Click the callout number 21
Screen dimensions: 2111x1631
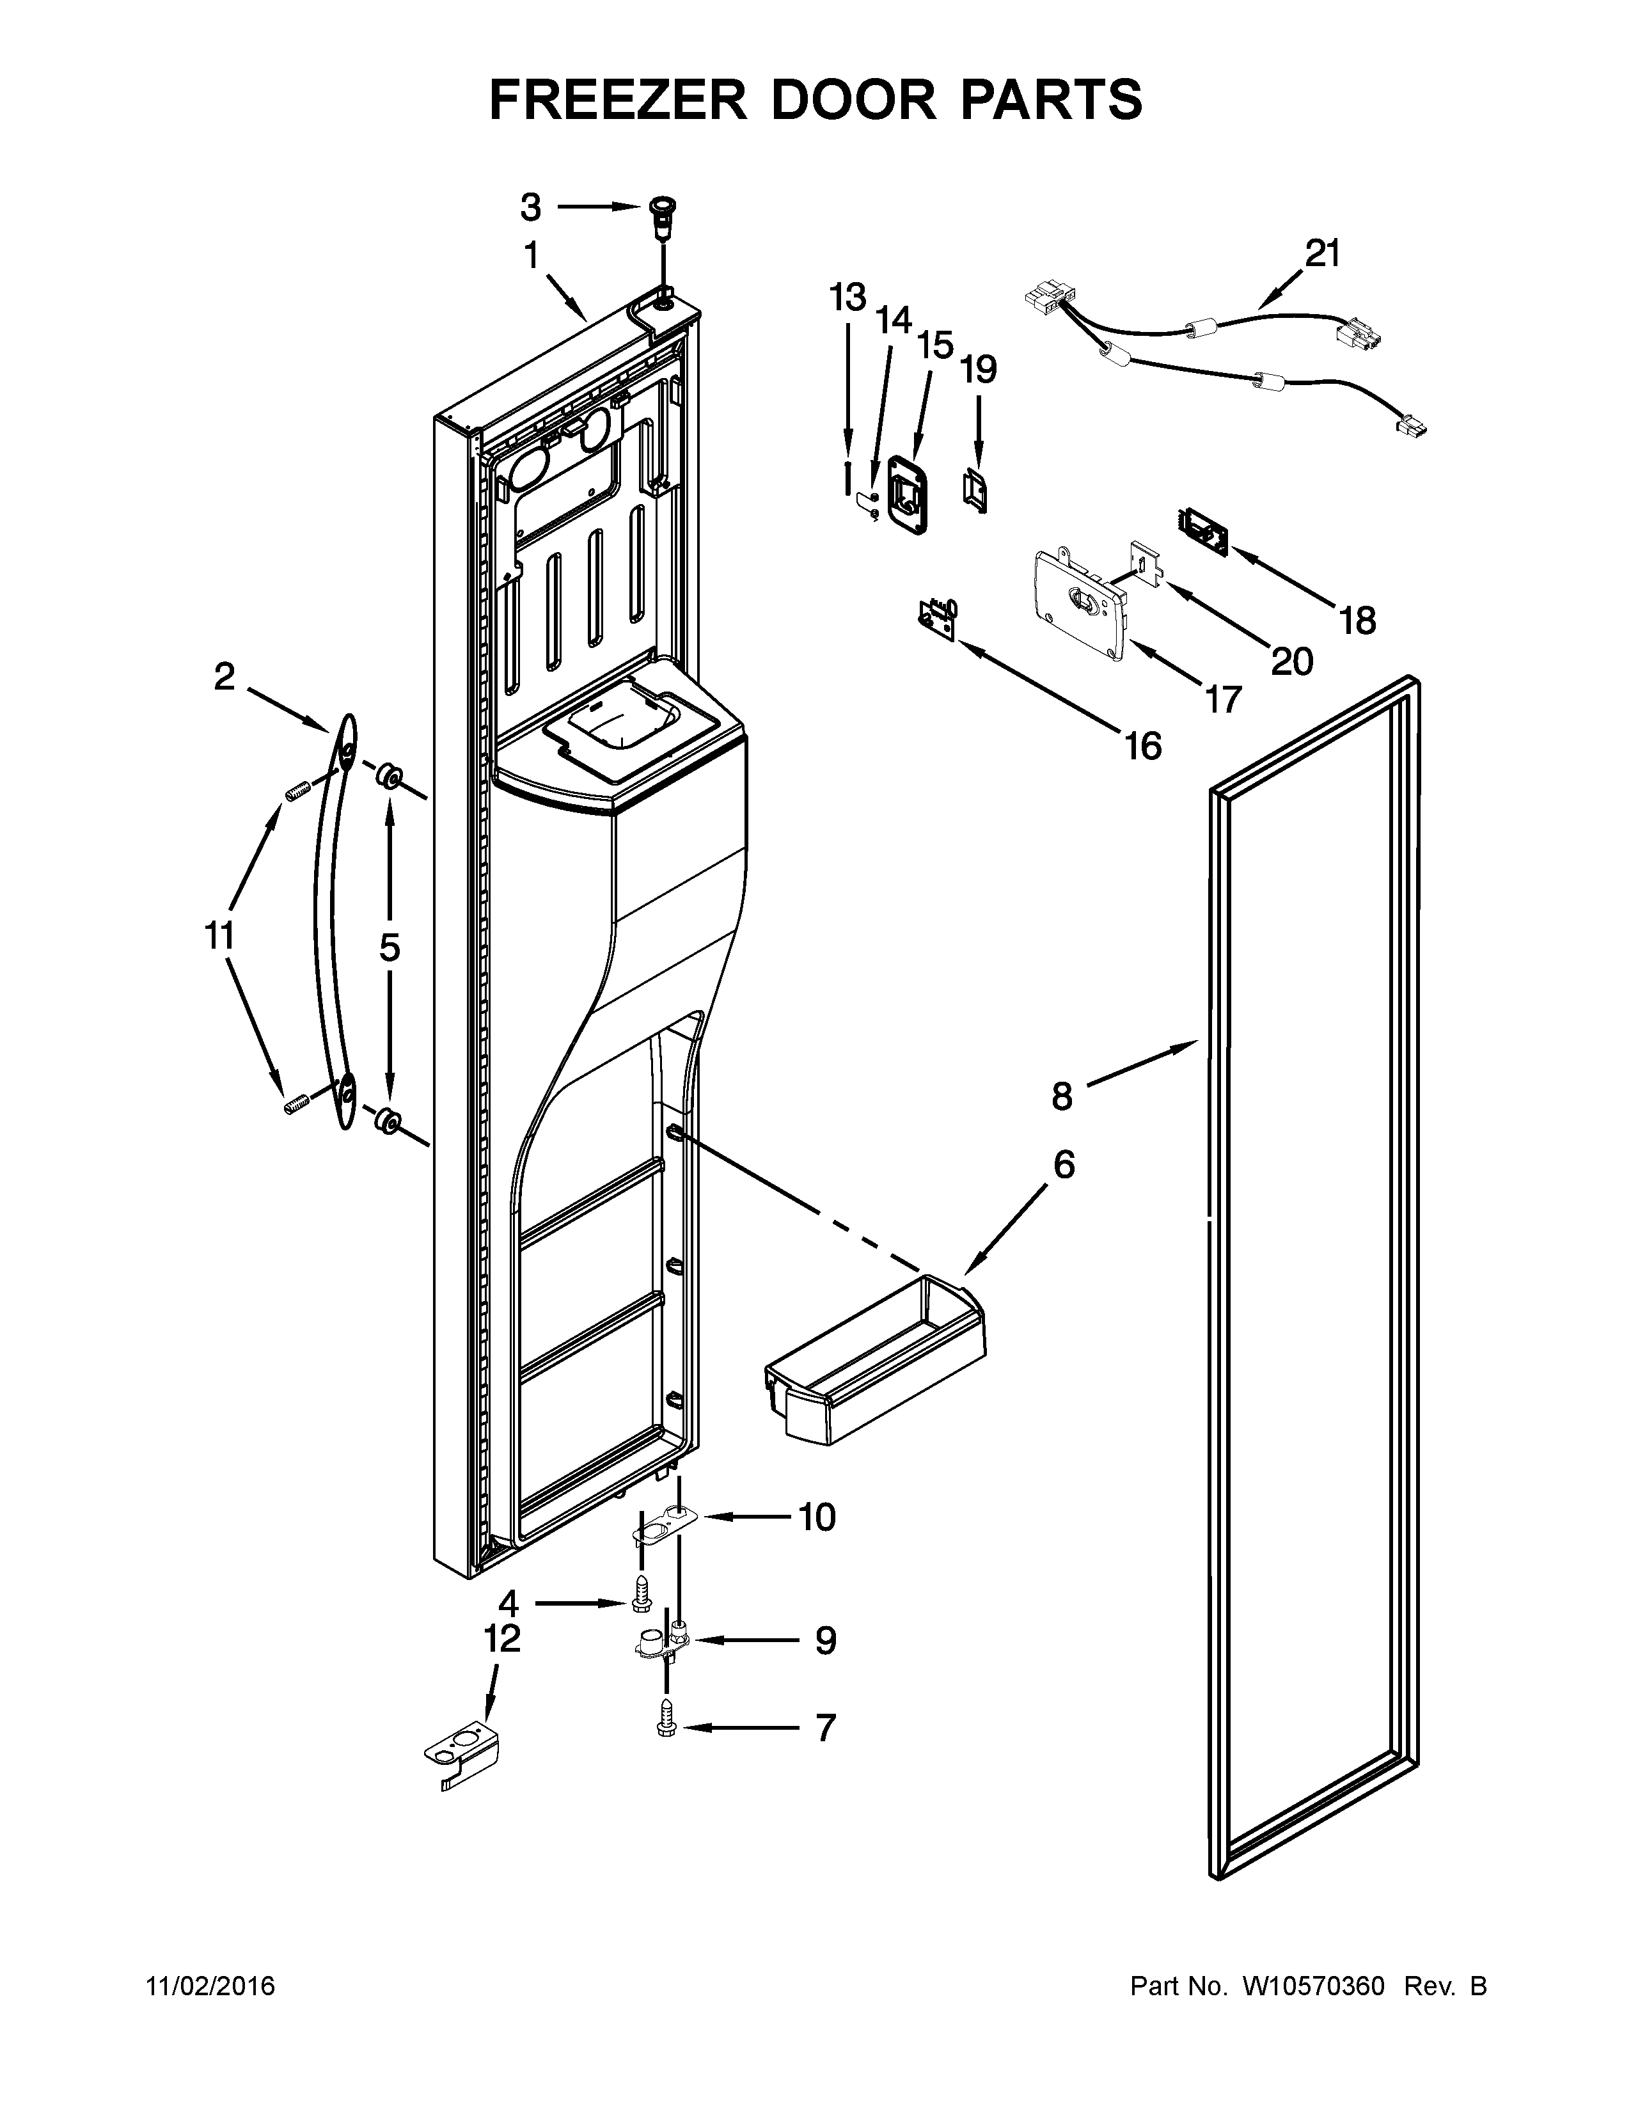[1323, 254]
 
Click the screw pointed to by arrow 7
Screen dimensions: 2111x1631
[665, 1727]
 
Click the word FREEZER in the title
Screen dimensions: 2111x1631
[619, 100]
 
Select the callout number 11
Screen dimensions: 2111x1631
[219, 936]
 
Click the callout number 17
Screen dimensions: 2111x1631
[1223, 699]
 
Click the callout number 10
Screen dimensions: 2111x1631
[817, 1517]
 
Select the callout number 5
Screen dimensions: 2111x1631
[388, 948]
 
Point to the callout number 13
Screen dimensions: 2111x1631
[847, 297]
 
